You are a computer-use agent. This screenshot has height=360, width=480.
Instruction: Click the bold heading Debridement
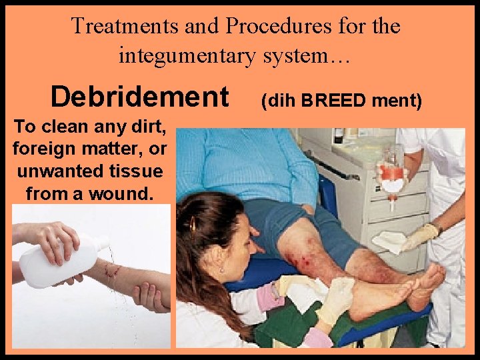click(x=139, y=97)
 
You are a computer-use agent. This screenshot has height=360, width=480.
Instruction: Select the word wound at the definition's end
click(x=130, y=194)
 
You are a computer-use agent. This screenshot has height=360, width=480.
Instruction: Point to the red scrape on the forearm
click(x=109, y=269)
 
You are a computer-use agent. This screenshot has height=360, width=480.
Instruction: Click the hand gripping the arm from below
click(x=151, y=296)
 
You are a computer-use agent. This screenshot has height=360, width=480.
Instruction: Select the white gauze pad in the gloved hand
click(x=391, y=241)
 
